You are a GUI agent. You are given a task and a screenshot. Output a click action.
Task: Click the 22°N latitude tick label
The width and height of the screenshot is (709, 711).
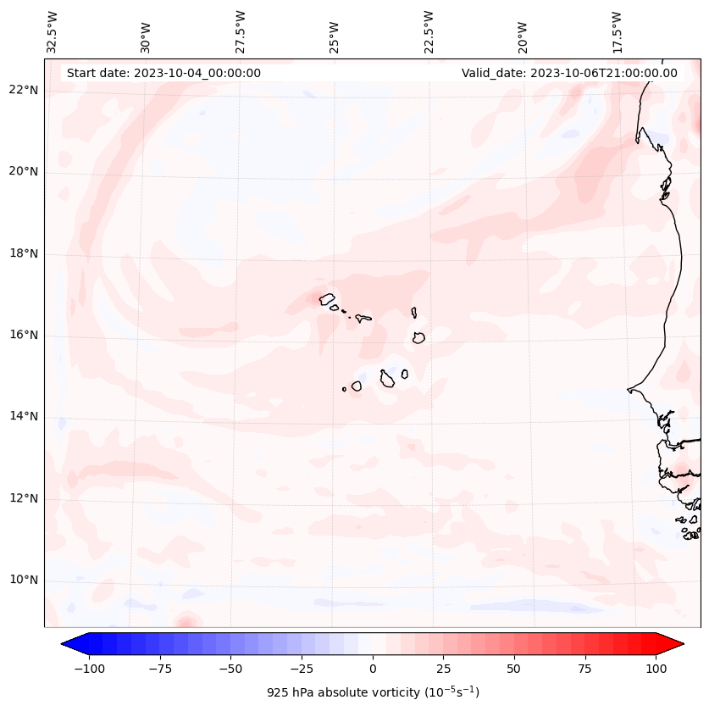click(24, 91)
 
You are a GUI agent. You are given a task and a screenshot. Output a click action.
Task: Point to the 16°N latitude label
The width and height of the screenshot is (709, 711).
click(24, 335)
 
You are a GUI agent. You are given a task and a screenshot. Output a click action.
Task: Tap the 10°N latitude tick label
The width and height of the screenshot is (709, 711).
click(24, 580)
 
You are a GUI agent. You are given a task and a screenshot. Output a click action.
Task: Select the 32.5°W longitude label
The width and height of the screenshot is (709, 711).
click(53, 32)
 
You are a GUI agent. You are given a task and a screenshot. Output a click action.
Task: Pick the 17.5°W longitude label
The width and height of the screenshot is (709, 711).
click(618, 32)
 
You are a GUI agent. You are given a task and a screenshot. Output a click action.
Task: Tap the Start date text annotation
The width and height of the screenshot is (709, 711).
click(163, 73)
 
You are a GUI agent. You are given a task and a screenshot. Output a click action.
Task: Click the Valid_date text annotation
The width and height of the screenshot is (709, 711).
click(569, 73)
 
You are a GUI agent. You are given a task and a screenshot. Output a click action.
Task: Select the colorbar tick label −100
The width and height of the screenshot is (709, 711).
click(89, 669)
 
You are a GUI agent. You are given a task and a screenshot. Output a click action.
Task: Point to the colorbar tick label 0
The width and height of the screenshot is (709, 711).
click(373, 669)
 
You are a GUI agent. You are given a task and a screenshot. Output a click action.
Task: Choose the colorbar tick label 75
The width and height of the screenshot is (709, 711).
click(585, 669)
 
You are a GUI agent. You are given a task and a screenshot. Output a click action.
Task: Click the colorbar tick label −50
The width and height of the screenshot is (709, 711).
click(231, 669)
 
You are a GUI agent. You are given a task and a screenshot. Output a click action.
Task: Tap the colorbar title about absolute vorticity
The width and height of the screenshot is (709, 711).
click(373, 692)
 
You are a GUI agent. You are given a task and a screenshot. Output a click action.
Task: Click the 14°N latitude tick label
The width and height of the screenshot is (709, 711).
click(24, 416)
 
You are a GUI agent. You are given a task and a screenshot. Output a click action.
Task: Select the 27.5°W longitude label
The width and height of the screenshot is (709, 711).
click(241, 32)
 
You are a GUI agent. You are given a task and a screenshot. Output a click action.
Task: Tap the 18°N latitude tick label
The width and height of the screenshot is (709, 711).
click(24, 253)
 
